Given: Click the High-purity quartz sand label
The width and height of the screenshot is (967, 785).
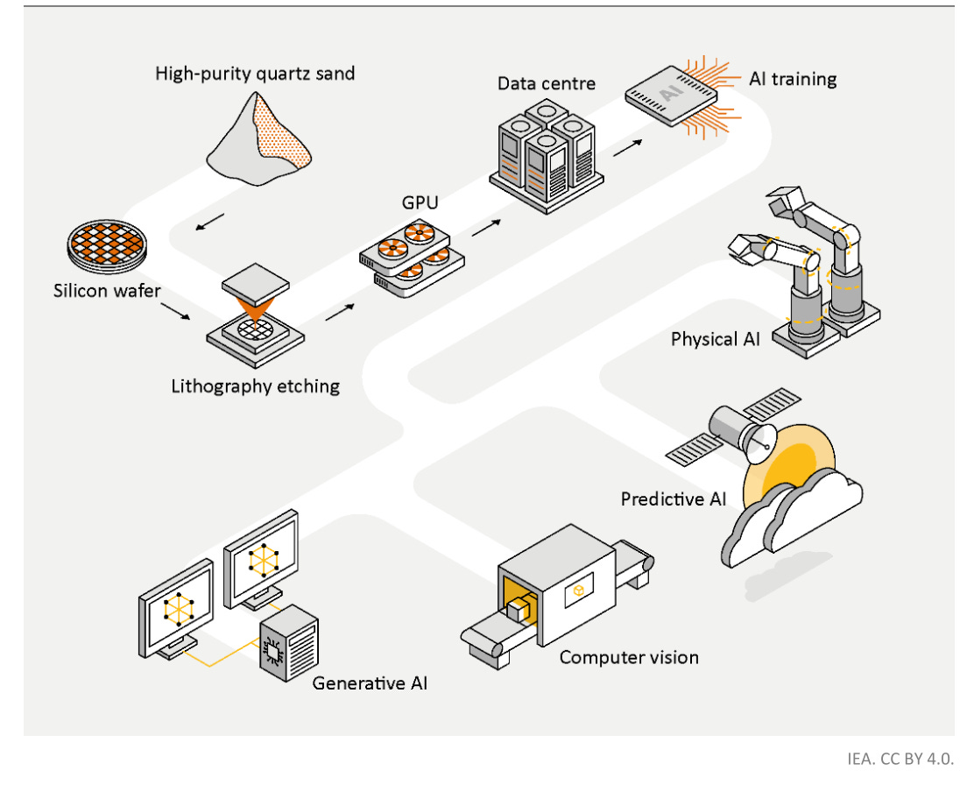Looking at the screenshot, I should pyautogui.click(x=255, y=73).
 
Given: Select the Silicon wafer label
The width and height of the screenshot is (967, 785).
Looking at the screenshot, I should pyautogui.click(x=107, y=290).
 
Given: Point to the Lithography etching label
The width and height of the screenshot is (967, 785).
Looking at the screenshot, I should pyautogui.click(x=256, y=385).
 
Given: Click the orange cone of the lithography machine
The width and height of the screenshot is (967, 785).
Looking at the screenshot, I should pyautogui.click(x=257, y=308).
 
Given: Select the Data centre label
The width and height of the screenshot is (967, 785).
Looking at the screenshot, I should pyautogui.click(x=547, y=84).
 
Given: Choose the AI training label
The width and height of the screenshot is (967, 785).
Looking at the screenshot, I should pyautogui.click(x=793, y=79).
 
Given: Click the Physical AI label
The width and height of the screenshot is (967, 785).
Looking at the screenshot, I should pyautogui.click(x=716, y=339).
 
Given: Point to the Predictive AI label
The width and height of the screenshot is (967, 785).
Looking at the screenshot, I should pyautogui.click(x=674, y=499).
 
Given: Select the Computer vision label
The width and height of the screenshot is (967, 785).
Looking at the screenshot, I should pyautogui.click(x=629, y=657).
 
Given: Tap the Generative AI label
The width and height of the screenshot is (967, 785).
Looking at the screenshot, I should pyautogui.click(x=371, y=682).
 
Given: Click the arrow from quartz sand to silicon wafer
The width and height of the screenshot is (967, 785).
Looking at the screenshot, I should pyautogui.click(x=209, y=223).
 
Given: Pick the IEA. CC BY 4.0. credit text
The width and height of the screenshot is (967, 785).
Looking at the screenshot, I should pyautogui.click(x=900, y=759).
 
